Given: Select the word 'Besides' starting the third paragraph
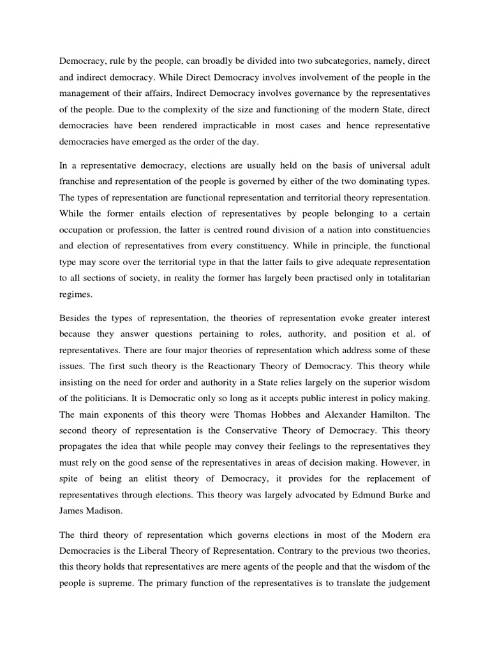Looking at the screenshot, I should coord(76,319).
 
